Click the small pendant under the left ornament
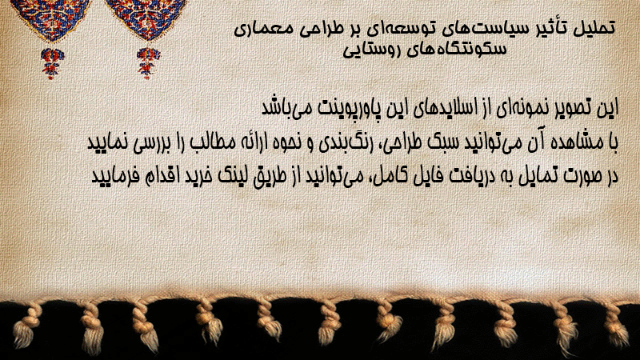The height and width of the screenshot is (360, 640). pyautogui.click(x=52, y=62)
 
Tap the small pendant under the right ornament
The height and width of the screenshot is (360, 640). pyautogui.click(x=148, y=62)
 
